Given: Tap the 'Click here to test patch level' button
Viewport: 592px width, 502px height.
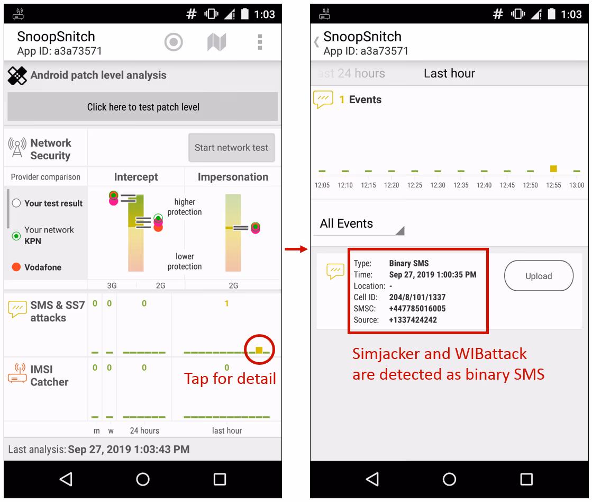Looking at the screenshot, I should click(x=143, y=107).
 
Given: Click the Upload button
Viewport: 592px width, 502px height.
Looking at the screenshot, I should click(x=538, y=276).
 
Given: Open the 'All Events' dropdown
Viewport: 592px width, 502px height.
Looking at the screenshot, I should click(x=361, y=224).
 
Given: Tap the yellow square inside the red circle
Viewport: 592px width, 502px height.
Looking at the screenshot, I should click(x=259, y=349).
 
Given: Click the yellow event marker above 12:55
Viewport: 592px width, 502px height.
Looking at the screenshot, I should click(x=553, y=168).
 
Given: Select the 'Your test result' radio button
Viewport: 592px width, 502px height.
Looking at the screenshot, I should click(x=16, y=203).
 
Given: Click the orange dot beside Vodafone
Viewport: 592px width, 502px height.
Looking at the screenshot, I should click(x=16, y=267).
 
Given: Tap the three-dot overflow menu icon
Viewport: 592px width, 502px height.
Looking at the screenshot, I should click(x=260, y=42).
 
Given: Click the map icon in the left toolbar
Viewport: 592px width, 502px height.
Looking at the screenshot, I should click(x=216, y=42).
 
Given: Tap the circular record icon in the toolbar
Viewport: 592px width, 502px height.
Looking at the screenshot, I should click(x=174, y=42).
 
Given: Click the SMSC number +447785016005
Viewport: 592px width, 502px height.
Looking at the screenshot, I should click(x=417, y=309).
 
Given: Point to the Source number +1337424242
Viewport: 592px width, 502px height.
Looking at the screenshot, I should click(x=413, y=320).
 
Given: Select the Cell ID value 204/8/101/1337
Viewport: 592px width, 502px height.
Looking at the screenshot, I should click(x=417, y=297).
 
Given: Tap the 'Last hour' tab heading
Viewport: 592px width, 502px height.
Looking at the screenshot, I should click(x=449, y=74).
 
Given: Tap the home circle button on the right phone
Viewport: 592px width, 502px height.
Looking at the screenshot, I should click(x=449, y=479).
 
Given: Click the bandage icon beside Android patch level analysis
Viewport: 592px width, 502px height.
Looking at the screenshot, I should click(x=17, y=76).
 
